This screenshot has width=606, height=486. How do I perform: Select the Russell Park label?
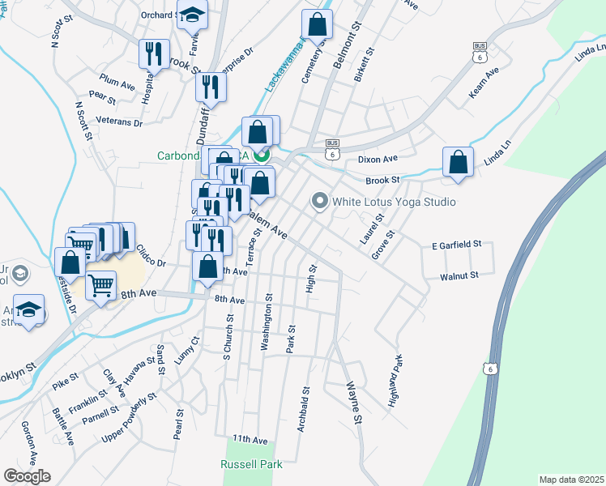click(x=252, y=465)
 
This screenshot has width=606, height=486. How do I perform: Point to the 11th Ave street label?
click(x=250, y=439)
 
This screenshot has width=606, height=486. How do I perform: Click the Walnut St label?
click(x=459, y=275)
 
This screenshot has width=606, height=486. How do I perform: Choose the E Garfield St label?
click(x=456, y=244)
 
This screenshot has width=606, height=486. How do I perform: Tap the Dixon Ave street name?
click(x=378, y=160)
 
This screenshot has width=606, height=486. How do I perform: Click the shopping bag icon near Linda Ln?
click(x=458, y=161)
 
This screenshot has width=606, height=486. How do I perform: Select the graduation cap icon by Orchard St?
click(x=193, y=15)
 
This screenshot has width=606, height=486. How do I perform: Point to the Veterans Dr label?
click(x=119, y=122)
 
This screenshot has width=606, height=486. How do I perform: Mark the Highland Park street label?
click(x=396, y=380)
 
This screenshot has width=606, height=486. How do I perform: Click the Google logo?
click(x=27, y=476)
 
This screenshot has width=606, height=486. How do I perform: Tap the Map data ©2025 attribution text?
click(x=571, y=480)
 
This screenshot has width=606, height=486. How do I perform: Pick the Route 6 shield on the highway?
click(x=489, y=369)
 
